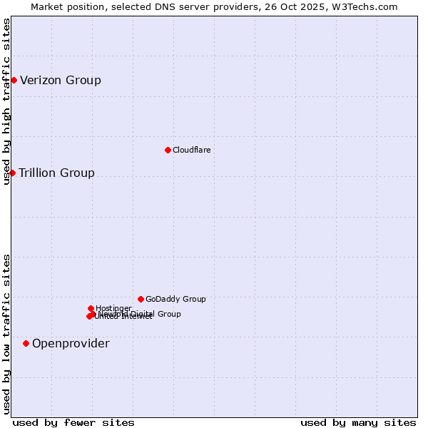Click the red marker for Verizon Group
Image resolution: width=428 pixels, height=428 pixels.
(x=14, y=80)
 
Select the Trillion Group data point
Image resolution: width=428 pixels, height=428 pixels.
(x=12, y=173)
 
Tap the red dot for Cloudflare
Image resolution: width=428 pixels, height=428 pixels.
(x=168, y=150)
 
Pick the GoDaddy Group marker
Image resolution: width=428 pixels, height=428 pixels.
(x=141, y=299)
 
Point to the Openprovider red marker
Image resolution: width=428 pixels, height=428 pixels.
(x=26, y=343)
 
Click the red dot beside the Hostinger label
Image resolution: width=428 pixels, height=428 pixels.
(x=91, y=308)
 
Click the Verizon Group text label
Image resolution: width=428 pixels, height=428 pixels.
(x=61, y=80)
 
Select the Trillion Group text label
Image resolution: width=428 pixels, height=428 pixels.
(x=56, y=173)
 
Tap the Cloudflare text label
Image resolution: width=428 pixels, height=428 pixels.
(x=191, y=150)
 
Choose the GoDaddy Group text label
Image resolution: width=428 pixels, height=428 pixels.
(x=175, y=299)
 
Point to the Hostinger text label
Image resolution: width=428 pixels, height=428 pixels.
(x=113, y=308)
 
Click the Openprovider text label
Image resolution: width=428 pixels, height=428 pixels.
(x=71, y=344)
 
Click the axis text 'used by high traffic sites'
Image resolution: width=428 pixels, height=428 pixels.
(x=6, y=101)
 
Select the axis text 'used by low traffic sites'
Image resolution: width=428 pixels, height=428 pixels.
(x=6, y=334)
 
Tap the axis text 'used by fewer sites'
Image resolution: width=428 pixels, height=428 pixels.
(x=73, y=422)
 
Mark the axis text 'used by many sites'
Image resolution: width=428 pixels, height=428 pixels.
(x=358, y=422)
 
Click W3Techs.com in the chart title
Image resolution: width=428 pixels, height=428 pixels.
(x=368, y=6)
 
